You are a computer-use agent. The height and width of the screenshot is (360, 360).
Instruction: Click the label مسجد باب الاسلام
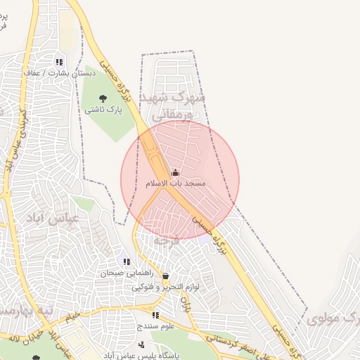pyautogui.click(x=175, y=184)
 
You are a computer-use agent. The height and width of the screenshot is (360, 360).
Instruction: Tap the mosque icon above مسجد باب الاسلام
pyautogui.click(x=175, y=172)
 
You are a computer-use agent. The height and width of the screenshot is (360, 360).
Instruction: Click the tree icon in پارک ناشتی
pyautogui.click(x=103, y=98)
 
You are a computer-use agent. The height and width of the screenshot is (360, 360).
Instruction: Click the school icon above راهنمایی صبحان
pyautogui.click(x=127, y=262)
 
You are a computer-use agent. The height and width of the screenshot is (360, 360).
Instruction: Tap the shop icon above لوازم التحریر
pyautogui.click(x=165, y=276)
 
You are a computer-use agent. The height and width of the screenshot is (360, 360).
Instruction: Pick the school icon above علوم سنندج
pyautogui.click(x=155, y=316)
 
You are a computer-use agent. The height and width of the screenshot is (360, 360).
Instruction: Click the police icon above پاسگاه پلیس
pyautogui.click(x=142, y=345)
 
